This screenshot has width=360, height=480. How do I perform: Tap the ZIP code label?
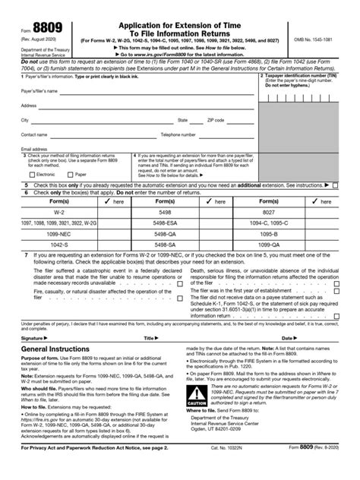[216, 120]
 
